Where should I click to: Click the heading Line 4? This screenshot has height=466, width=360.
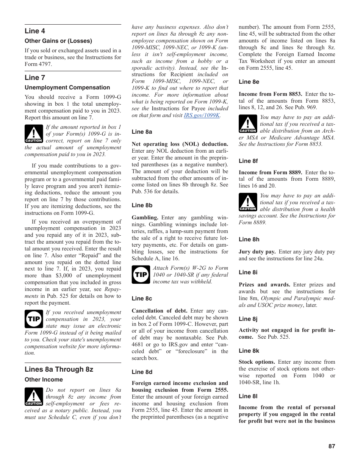pos(35,31)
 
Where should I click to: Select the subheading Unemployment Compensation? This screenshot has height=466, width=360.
pos(67,88)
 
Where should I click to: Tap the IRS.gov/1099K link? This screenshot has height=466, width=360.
pos(202,115)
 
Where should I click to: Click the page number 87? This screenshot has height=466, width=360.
pos(332,446)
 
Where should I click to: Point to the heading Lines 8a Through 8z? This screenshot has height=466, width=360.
pos(59,369)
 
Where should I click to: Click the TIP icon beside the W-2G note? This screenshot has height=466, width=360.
pos(141,275)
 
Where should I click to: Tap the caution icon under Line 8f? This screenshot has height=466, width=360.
pos(248,202)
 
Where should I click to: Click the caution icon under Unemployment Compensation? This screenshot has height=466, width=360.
pos(34,134)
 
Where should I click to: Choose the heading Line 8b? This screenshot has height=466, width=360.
pos(142,205)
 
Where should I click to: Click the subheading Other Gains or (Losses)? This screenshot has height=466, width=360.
pos(58,41)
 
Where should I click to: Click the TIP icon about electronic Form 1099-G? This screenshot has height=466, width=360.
pos(34,319)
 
